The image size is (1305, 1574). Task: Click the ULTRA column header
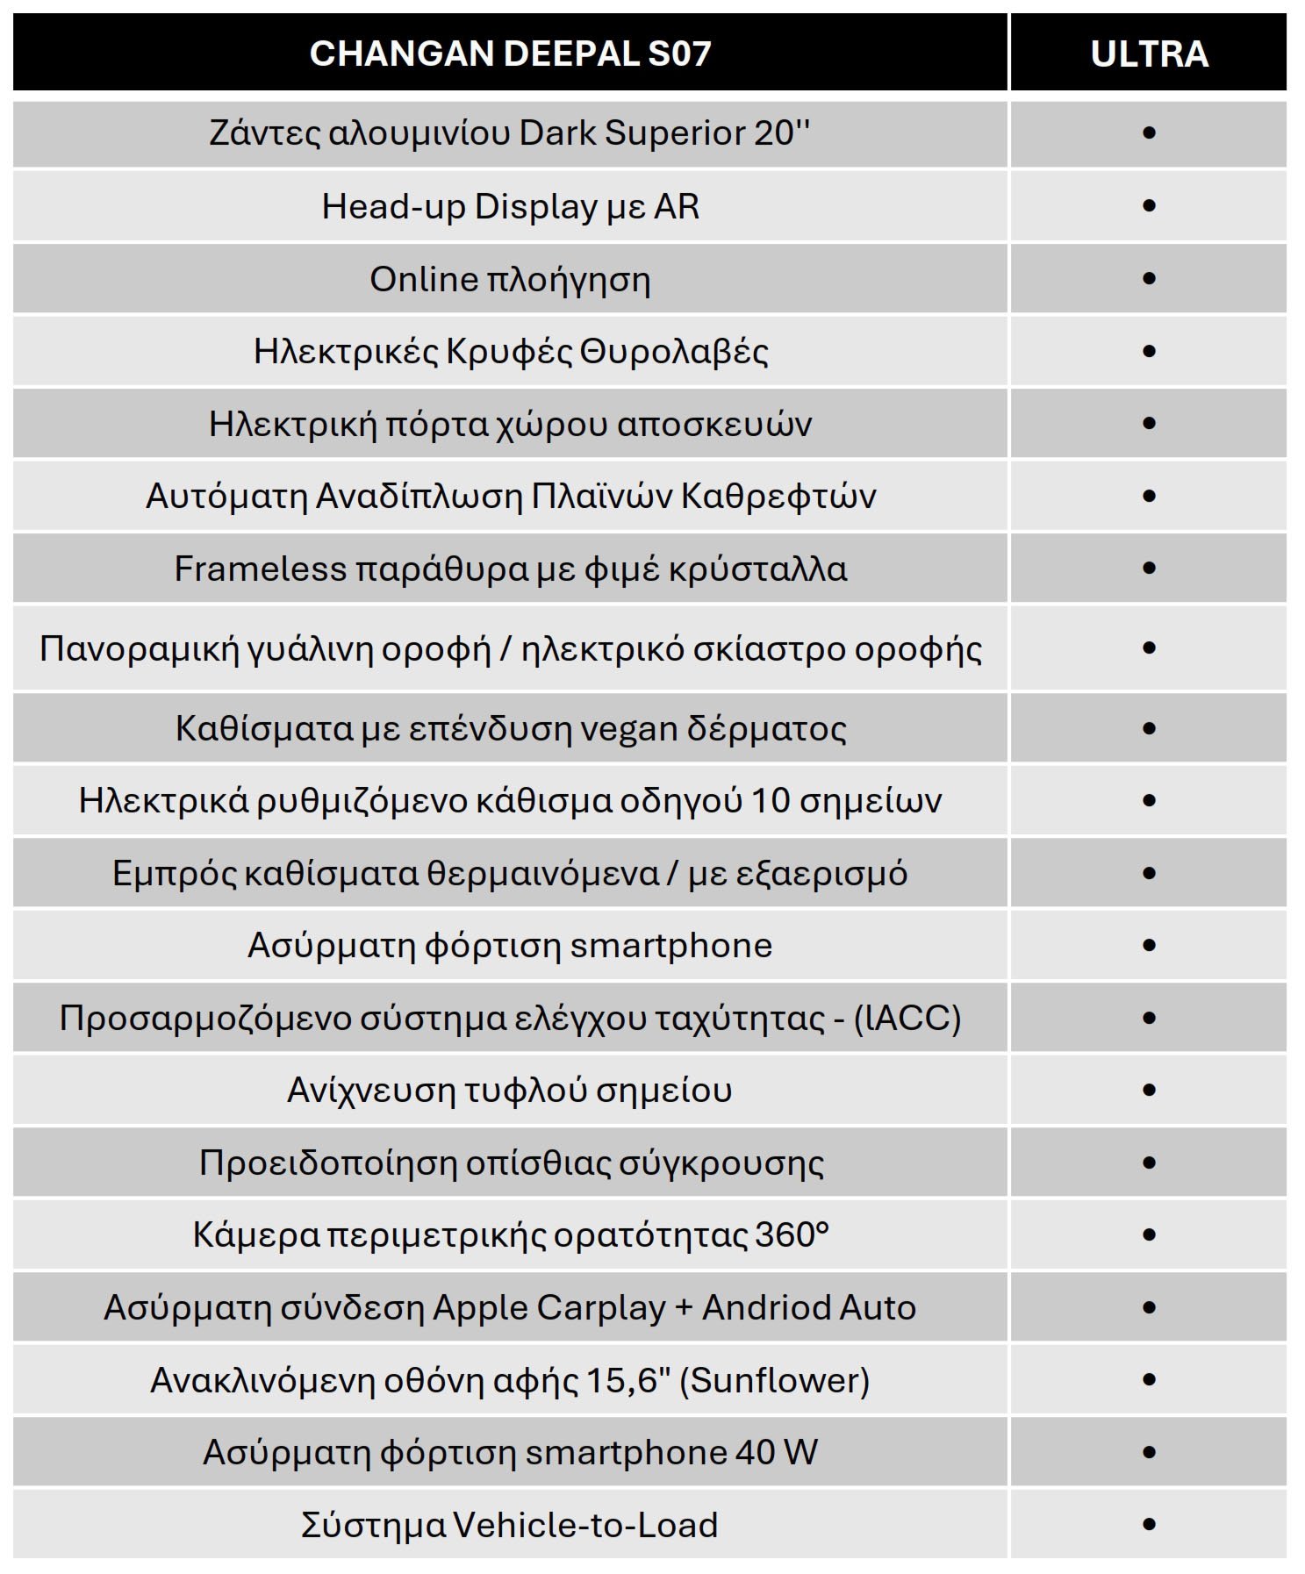pyautogui.click(x=1149, y=54)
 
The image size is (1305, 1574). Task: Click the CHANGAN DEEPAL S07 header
pyautogui.click(x=510, y=54)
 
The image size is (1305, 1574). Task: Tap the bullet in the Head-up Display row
pyautogui.click(x=1149, y=206)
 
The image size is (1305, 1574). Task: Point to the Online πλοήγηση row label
pyautogui.click(x=510, y=280)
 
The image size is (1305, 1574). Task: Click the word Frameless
pyautogui.click(x=260, y=569)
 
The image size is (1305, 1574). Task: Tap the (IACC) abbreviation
pyautogui.click(x=907, y=1019)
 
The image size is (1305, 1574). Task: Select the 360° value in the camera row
pyautogui.click(x=792, y=1235)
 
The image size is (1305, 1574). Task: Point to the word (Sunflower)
pyautogui.click(x=775, y=1381)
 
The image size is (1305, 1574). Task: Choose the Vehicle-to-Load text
pyautogui.click(x=585, y=1526)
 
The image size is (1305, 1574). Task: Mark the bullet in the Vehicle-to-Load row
pyautogui.click(x=1149, y=1525)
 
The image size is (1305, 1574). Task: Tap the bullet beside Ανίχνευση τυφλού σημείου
pyautogui.click(x=1149, y=1091)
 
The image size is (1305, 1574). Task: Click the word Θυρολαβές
pyautogui.click(x=674, y=352)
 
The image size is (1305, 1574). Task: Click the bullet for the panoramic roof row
pyautogui.click(x=1149, y=648)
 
